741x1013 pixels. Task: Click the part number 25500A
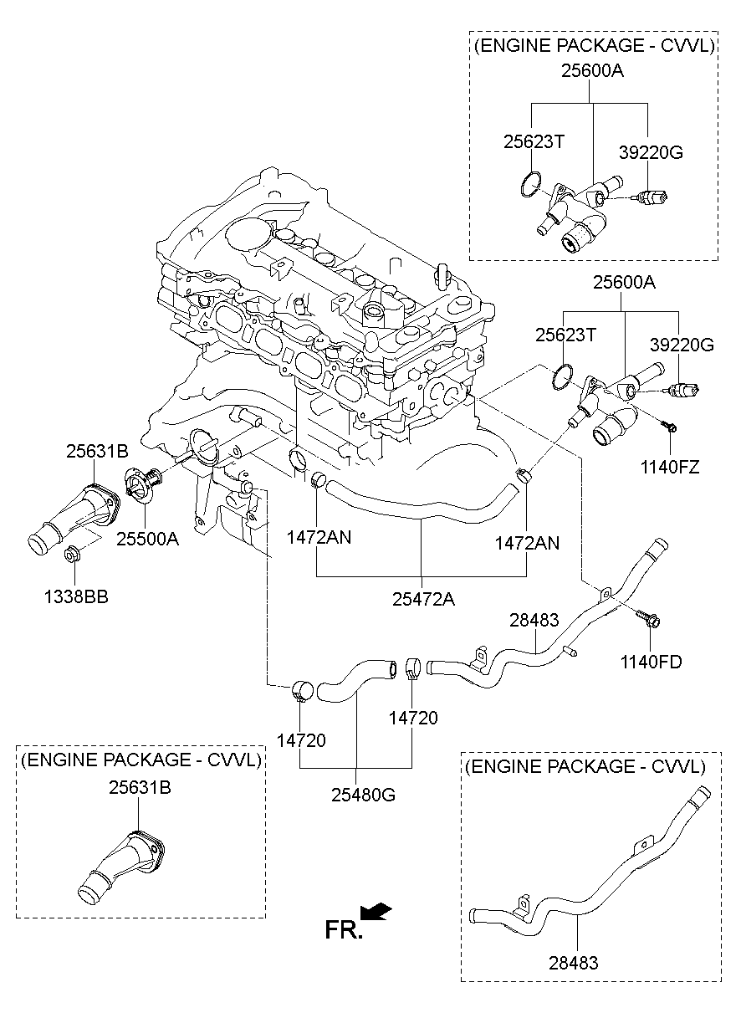click(147, 540)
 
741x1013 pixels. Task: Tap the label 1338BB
click(76, 596)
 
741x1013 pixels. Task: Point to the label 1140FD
click(651, 662)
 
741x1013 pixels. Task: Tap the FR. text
click(343, 929)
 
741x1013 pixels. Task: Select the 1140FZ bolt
click(670, 427)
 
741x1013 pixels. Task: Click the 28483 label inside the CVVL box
click(575, 963)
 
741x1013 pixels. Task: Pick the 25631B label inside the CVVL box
click(140, 787)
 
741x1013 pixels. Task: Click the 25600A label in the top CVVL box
click(592, 71)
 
